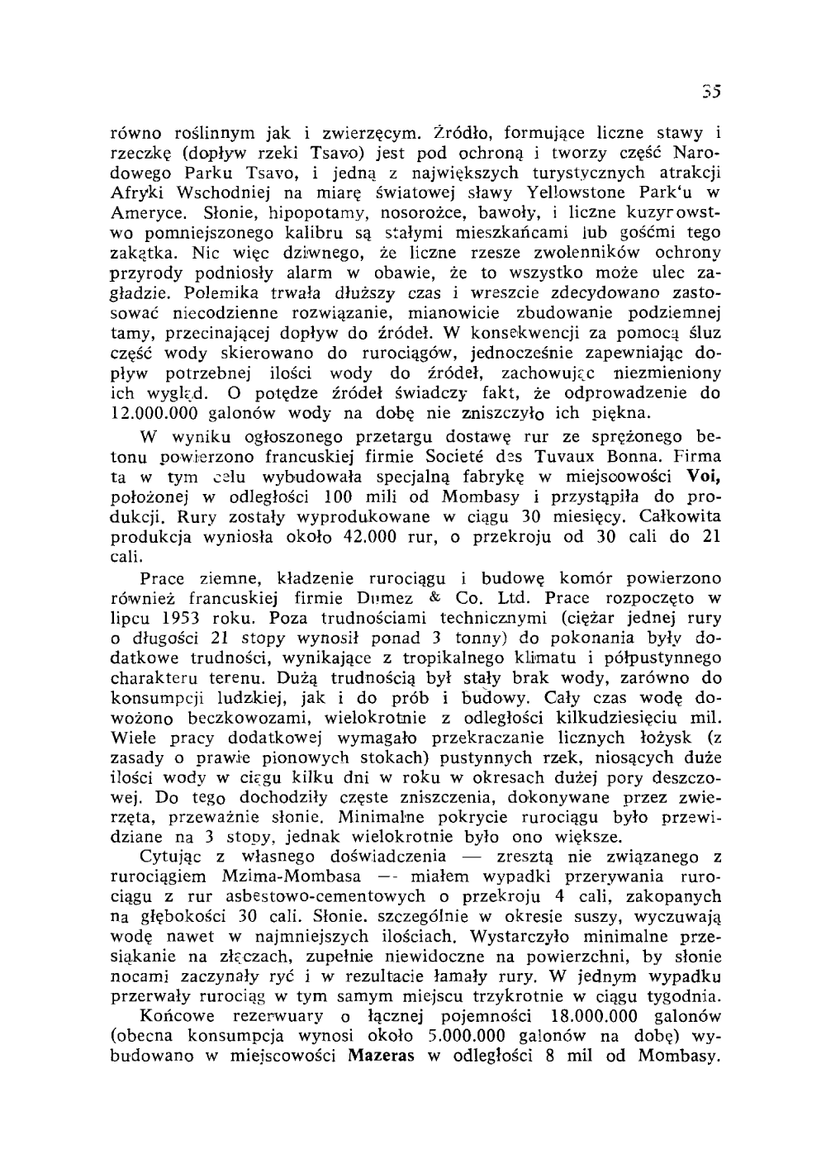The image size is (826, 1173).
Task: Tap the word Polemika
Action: [x=222, y=292]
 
